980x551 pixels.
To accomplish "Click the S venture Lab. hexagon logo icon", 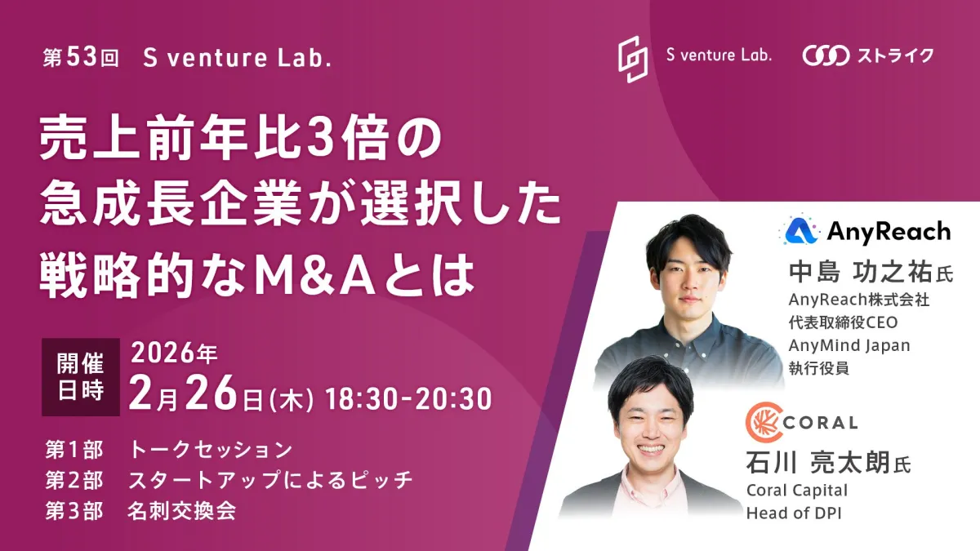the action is click(633, 59).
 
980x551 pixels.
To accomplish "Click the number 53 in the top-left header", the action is click(82, 57).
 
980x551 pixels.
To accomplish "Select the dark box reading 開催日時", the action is click(81, 377).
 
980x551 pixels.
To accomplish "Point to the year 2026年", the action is click(174, 353).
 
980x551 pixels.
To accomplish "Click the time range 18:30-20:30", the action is click(408, 399).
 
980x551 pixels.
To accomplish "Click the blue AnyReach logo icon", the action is click(800, 231).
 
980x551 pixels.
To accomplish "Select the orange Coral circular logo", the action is click(764, 422).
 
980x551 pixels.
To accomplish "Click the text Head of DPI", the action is click(794, 513).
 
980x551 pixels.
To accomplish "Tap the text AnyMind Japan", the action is click(849, 345).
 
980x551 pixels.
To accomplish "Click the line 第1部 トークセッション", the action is click(169, 450).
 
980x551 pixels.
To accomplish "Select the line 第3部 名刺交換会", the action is click(140, 511).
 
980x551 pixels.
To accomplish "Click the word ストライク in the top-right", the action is click(895, 56).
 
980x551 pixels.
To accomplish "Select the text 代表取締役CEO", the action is click(843, 322).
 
